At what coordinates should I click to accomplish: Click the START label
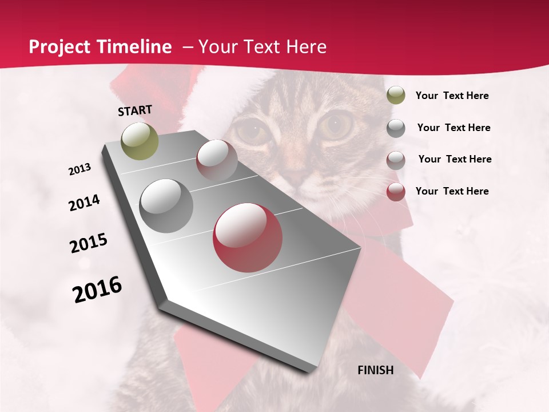coord(135,110)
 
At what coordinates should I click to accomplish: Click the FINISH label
coord(376,370)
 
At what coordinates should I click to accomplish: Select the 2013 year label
coord(80,169)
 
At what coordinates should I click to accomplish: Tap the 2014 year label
coord(85,203)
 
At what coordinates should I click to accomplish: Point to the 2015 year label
coord(89,243)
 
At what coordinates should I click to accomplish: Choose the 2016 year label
coord(97,289)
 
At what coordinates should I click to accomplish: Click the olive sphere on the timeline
coord(140,141)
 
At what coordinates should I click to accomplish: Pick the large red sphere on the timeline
coord(248,237)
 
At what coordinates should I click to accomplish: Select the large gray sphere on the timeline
coord(166,205)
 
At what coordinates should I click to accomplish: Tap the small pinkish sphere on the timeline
coord(217,160)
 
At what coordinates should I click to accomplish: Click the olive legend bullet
coord(396,96)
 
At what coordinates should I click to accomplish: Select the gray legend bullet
coord(396,128)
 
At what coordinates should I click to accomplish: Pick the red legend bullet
coord(396,192)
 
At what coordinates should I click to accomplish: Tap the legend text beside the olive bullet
coord(452,96)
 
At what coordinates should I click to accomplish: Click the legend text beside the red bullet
coord(452,191)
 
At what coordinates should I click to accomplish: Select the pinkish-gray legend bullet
coord(396,160)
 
